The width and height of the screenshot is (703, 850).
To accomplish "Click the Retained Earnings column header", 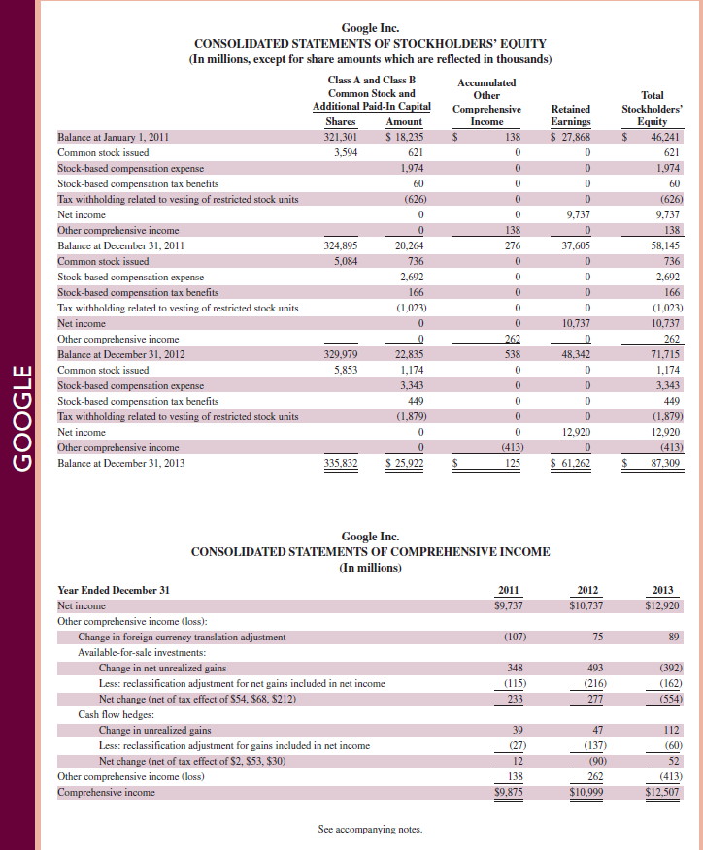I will pyautogui.click(x=570, y=115).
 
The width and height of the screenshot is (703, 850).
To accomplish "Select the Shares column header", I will pyautogui.click(x=340, y=121).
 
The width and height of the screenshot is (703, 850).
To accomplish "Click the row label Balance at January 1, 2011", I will pyautogui.click(x=114, y=138).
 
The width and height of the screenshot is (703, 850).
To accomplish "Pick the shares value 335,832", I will pyautogui.click(x=340, y=465).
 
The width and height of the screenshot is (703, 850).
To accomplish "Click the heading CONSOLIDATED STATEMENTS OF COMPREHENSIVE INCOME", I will pyautogui.click(x=370, y=551).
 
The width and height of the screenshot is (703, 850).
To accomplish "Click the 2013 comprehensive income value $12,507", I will pyautogui.click(x=661, y=792).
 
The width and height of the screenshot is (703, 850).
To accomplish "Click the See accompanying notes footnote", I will pyautogui.click(x=370, y=829).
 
